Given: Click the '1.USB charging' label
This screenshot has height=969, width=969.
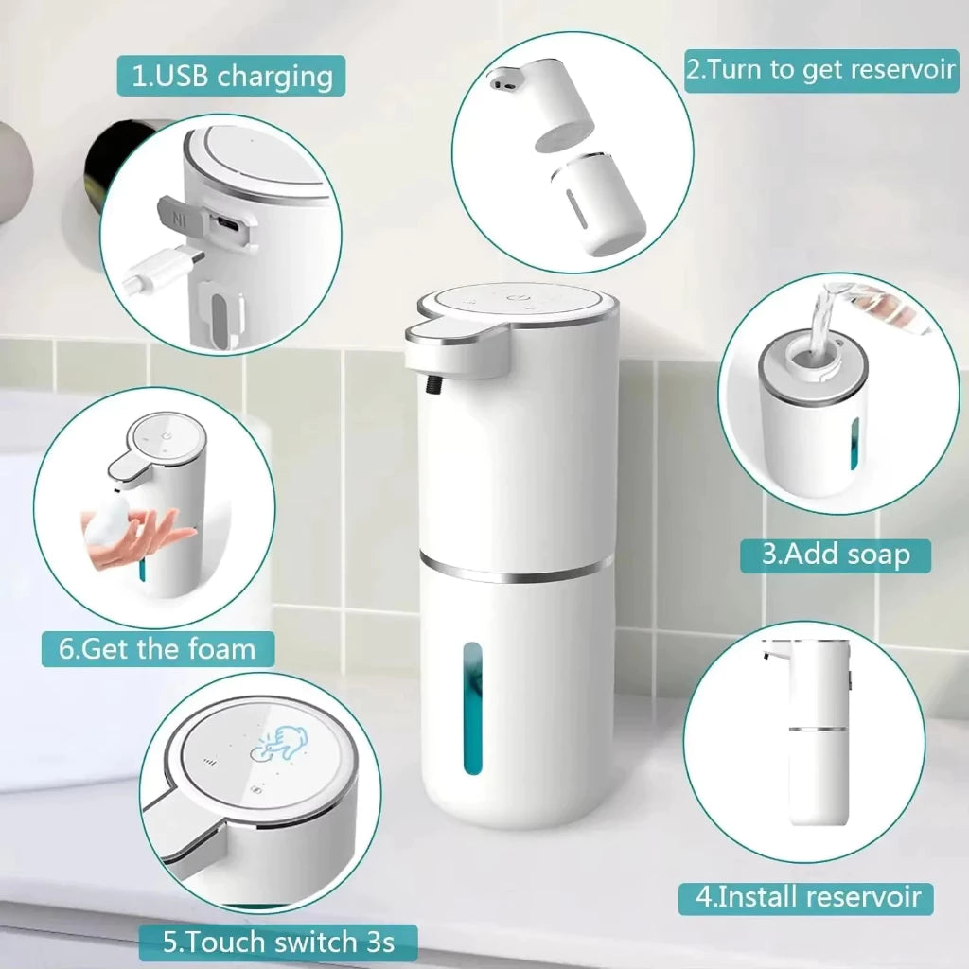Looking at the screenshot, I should click(231, 76).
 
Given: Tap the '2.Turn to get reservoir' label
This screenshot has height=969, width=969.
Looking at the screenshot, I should click(820, 71).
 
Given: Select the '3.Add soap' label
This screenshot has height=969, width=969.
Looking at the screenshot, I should click(835, 553).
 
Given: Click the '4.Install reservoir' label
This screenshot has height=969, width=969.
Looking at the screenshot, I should click(805, 896).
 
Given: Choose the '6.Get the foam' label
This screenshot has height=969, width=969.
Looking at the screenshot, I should click(157, 648).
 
